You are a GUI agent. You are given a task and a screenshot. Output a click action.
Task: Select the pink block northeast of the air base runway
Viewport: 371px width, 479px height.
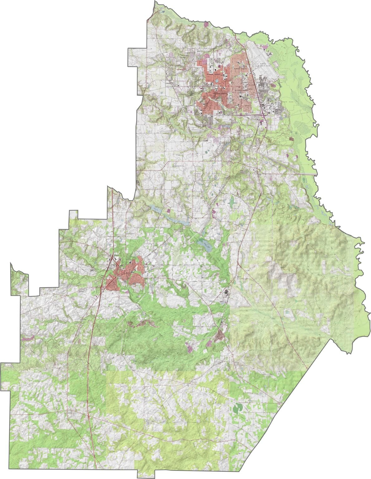click(266, 48)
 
